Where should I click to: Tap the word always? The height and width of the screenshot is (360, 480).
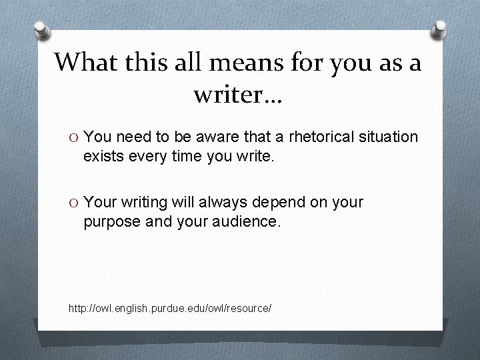click(x=231, y=202)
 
